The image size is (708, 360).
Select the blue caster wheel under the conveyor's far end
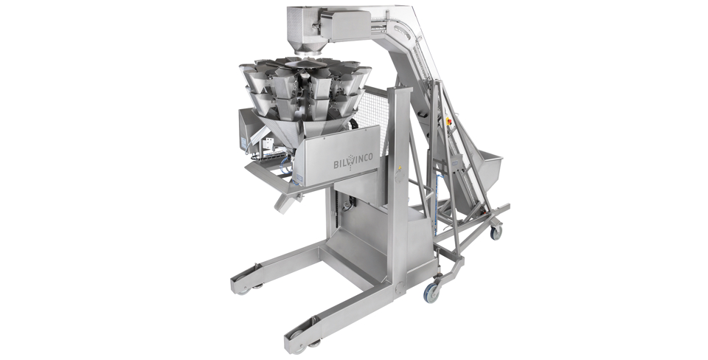click(496, 232)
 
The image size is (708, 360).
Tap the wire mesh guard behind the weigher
click(372, 113)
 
